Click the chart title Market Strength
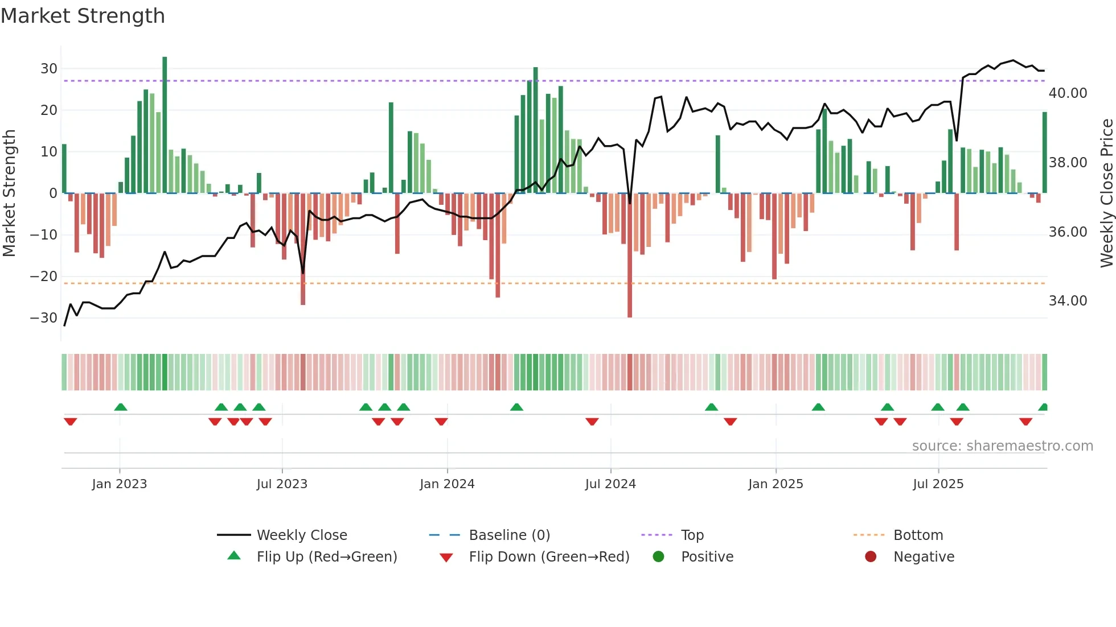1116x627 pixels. pos(83,16)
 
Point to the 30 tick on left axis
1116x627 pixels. pos(49,69)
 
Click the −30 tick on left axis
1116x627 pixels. pos(44,318)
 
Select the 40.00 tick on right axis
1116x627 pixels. pos(1068,93)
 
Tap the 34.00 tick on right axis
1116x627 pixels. pos(1068,301)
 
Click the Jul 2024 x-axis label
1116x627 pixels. pos(610,484)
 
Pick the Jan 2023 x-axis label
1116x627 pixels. pos(120,484)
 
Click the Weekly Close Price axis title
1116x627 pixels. pos(1106,193)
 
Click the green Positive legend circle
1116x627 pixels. pos(659,557)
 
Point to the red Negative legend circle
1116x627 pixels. pos(871,557)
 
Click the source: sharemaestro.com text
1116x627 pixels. pos(1002,446)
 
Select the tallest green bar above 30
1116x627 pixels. pos(165,125)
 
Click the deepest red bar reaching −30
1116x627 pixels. pos(630,256)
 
